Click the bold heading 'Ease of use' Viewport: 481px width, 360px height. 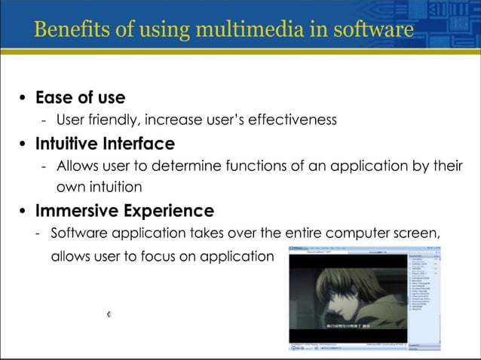80,98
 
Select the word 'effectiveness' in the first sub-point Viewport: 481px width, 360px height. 295,120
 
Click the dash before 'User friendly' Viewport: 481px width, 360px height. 44,120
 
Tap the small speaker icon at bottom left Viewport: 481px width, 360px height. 109,314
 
